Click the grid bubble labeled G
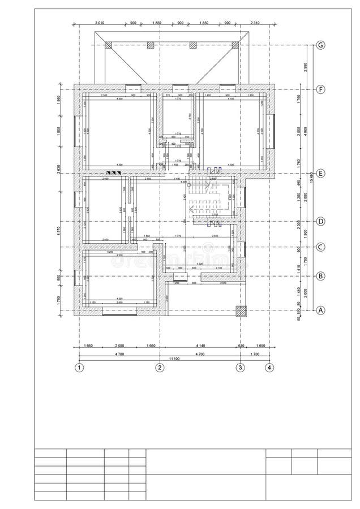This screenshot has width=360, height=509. tap(321, 45)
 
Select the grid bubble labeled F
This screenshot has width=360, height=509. tap(321, 89)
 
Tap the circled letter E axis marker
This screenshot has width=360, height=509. tap(321, 174)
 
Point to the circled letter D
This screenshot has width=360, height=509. tap(321, 221)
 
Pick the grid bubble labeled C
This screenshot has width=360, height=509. tap(321, 247)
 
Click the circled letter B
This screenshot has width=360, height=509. tap(321, 276)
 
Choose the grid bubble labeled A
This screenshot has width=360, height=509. tap(321, 310)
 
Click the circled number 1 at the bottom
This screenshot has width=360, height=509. tap(79, 368)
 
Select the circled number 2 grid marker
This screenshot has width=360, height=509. tap(160, 368)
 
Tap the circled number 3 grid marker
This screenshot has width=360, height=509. tap(240, 368)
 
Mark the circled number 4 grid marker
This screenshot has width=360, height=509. tap(269, 368)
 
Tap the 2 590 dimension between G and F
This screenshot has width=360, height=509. tap(305, 67)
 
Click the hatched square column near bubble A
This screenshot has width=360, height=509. tap(242, 310)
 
